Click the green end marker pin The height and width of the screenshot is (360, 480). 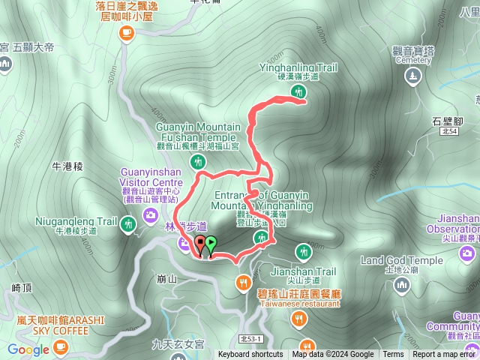211,243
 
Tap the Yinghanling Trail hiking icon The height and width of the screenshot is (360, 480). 298,92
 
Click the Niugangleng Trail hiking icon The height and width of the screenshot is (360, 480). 127,222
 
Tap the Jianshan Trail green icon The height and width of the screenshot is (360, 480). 303,251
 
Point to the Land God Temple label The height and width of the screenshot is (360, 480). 401,260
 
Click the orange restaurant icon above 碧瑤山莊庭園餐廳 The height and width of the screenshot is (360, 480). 243,282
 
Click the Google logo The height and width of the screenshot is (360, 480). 28,349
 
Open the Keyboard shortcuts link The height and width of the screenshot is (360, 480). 250,355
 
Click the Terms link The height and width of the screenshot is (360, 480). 393,355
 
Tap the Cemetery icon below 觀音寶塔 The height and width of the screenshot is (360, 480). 413,76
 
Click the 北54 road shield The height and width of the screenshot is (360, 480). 449,131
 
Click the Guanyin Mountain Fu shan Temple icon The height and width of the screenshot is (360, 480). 199,161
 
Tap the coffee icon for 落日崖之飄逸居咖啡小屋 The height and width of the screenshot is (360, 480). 125,32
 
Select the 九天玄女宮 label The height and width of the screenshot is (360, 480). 178,345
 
